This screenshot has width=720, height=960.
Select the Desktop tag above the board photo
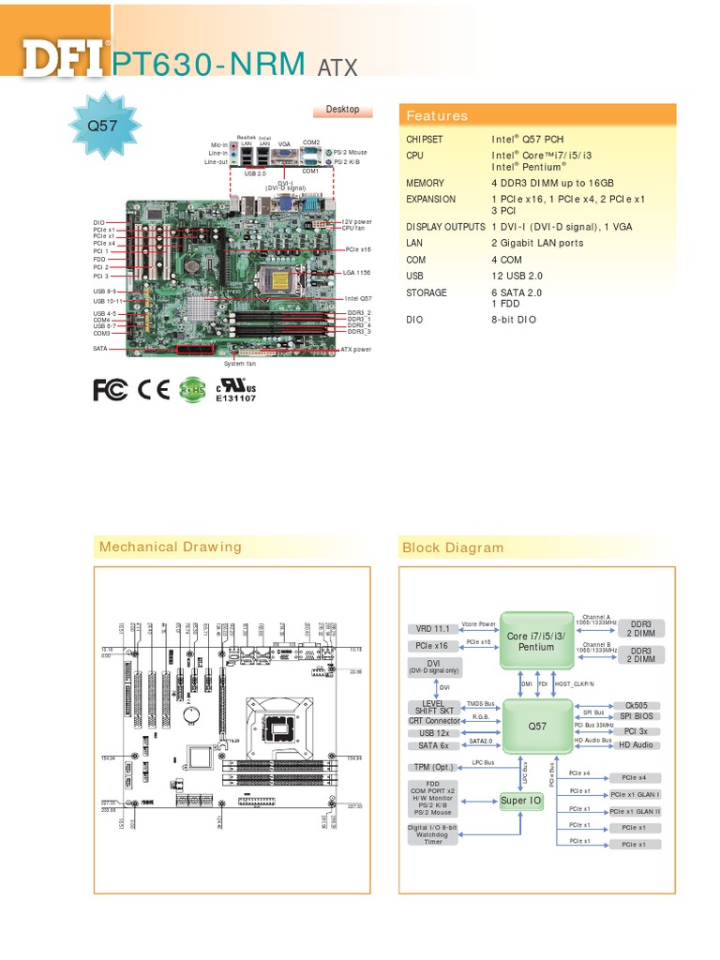pyautogui.click(x=342, y=110)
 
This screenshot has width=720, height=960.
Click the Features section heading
pyautogui.click(x=436, y=116)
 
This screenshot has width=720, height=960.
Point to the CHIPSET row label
pyautogui.click(x=426, y=139)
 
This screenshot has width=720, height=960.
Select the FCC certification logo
pyautogui.click(x=110, y=390)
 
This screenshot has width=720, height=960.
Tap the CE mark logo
pyautogui.click(x=154, y=390)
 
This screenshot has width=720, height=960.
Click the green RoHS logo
pyautogui.click(x=192, y=390)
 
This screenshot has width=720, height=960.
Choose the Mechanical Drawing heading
pyautogui.click(x=171, y=547)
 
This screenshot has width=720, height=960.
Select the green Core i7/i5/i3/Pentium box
pyautogui.click(x=536, y=641)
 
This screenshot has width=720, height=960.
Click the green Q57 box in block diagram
pyautogui.click(x=536, y=727)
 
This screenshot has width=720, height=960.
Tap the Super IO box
pyautogui.click(x=520, y=801)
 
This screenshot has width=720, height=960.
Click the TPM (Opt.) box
pyautogui.click(x=432, y=767)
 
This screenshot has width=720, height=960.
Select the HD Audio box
pyautogui.click(x=636, y=744)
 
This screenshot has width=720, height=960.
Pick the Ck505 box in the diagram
pyautogui.click(x=636, y=705)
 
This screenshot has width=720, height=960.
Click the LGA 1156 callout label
pyautogui.click(x=357, y=272)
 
